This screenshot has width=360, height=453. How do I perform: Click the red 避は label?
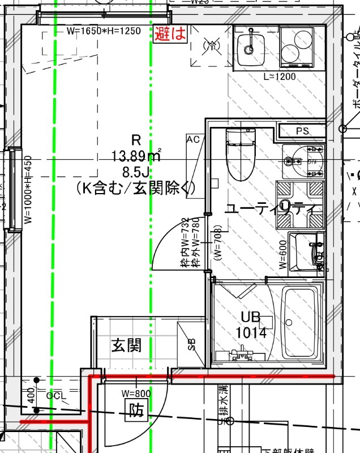(x=170, y=33)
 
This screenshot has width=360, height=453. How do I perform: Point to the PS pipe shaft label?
(x=302, y=131)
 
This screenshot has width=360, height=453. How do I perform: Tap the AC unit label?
(x=193, y=139)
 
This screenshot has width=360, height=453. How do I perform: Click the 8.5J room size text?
(x=136, y=171)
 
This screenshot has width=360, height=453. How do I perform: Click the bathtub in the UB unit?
(x=300, y=323)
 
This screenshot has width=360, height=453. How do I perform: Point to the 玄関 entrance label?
(x=126, y=344)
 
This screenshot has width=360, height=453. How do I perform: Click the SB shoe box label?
(x=192, y=344)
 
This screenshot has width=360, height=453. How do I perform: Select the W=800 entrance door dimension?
(x=136, y=393)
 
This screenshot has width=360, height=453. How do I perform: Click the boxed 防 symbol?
(x=136, y=410)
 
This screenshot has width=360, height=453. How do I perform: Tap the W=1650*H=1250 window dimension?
(x=103, y=31)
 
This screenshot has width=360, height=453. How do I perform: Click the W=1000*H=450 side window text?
(x=28, y=190)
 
